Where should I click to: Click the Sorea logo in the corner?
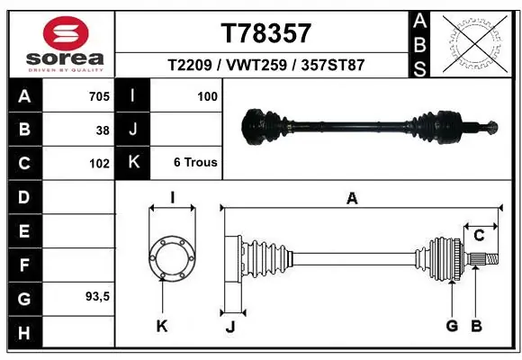pyautogui.click(x=66, y=42)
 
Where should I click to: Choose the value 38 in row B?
pyautogui.click(x=103, y=130)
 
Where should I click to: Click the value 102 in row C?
pyautogui.click(x=99, y=164)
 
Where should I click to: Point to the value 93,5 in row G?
pyautogui.click(x=96, y=296)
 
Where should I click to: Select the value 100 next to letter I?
pyautogui.click(x=207, y=95)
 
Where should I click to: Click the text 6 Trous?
pyautogui.click(x=194, y=163)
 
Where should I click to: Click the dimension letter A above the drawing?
pyautogui.click(x=352, y=199)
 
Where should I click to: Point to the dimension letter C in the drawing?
pyautogui.click(x=479, y=236)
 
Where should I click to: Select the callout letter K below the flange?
pyautogui.click(x=162, y=326)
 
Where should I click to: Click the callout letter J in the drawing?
pyautogui.click(x=229, y=326)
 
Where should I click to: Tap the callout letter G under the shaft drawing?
pyautogui.click(x=452, y=326)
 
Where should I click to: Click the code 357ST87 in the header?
pyautogui.click(x=333, y=65)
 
